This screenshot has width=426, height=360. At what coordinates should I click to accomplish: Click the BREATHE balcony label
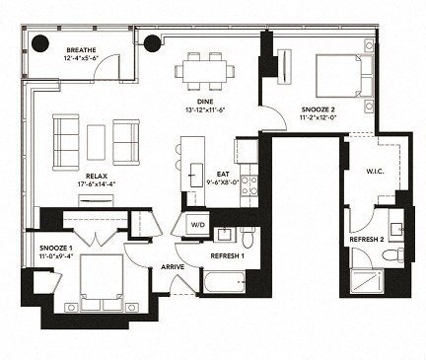80,49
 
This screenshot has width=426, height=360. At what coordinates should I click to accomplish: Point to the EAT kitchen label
223,174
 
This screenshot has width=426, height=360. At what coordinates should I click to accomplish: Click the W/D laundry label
197,225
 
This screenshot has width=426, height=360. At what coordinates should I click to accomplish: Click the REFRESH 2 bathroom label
366,240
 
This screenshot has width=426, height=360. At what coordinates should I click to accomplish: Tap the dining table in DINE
205,71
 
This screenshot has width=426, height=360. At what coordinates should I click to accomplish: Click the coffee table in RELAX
96,142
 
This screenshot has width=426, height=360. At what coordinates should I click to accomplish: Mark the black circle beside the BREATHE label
40,42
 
